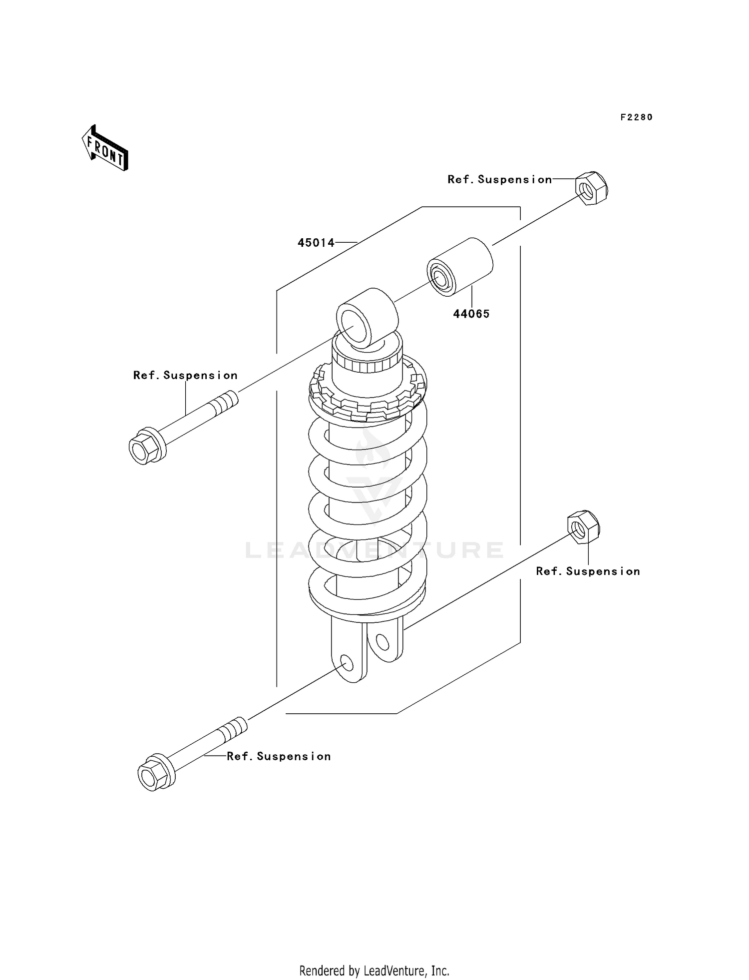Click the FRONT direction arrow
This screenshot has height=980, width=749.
(x=105, y=148)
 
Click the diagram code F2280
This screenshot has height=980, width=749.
(x=637, y=117)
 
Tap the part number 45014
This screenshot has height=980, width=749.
(x=316, y=243)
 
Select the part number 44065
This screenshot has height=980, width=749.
(x=471, y=314)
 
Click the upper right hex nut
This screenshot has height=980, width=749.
(x=592, y=188)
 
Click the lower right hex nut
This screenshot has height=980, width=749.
(x=583, y=527)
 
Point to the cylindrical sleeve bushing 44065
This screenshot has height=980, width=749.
(x=460, y=267)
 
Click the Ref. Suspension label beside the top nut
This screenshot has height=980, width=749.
(x=499, y=179)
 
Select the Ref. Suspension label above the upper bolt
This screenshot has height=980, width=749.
(x=185, y=375)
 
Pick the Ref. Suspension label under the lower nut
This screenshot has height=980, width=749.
(x=588, y=571)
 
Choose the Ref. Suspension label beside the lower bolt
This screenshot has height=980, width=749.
(x=279, y=756)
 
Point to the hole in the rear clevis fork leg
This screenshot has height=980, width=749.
(x=382, y=642)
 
